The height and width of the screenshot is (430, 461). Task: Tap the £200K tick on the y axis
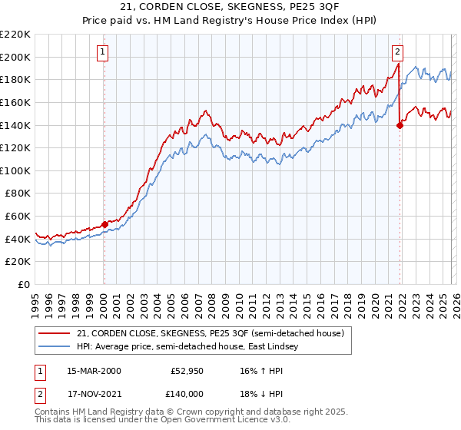pyautogui.click(x=15, y=57)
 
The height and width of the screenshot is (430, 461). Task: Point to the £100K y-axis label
pyautogui.click(x=15, y=170)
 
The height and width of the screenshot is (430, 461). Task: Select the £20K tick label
pyautogui.click(x=18, y=262)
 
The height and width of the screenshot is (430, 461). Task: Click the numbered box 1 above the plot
pyautogui.click(x=103, y=52)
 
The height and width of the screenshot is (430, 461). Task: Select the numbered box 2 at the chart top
pyautogui.click(x=397, y=52)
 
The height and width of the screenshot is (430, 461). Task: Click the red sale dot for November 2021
pyautogui.click(x=400, y=125)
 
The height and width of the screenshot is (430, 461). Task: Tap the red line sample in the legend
pyautogui.click(x=55, y=332)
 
